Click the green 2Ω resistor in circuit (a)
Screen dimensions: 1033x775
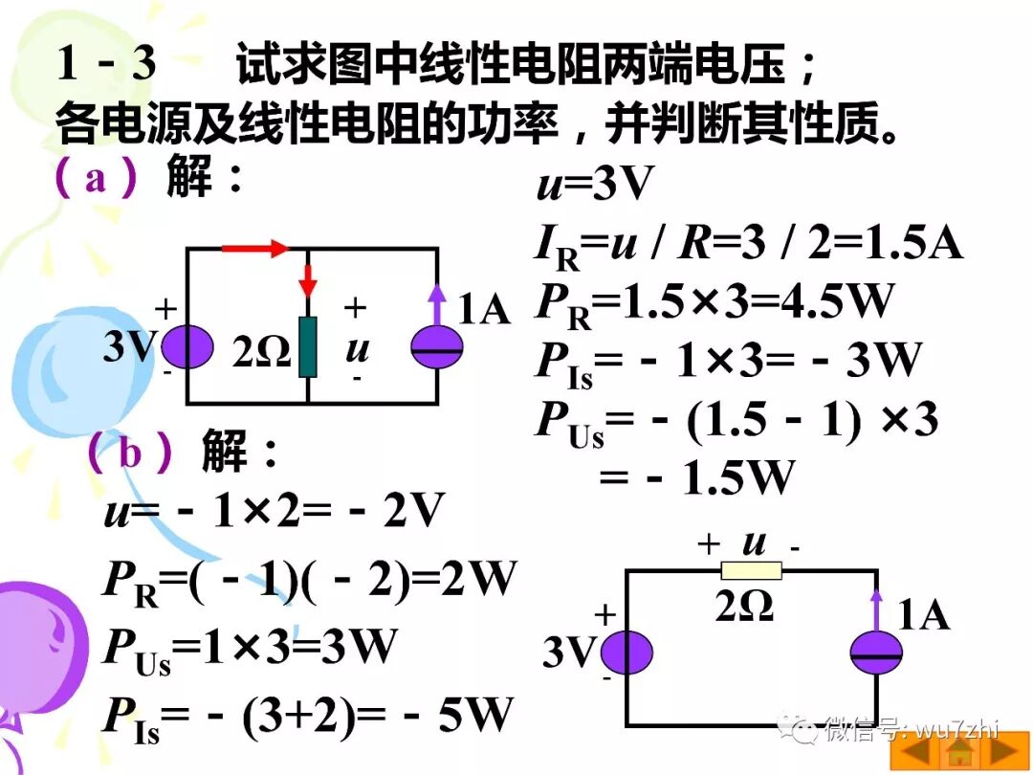[x=308, y=346]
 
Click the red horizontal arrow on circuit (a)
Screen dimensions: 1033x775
[x=254, y=249]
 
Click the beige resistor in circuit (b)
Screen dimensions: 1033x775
[x=751, y=571]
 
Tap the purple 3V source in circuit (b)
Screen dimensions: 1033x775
[x=627, y=653]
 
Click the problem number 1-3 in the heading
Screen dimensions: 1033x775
[x=106, y=64]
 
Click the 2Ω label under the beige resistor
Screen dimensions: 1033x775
[x=744, y=608]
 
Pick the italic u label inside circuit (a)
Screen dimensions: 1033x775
[x=357, y=349]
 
